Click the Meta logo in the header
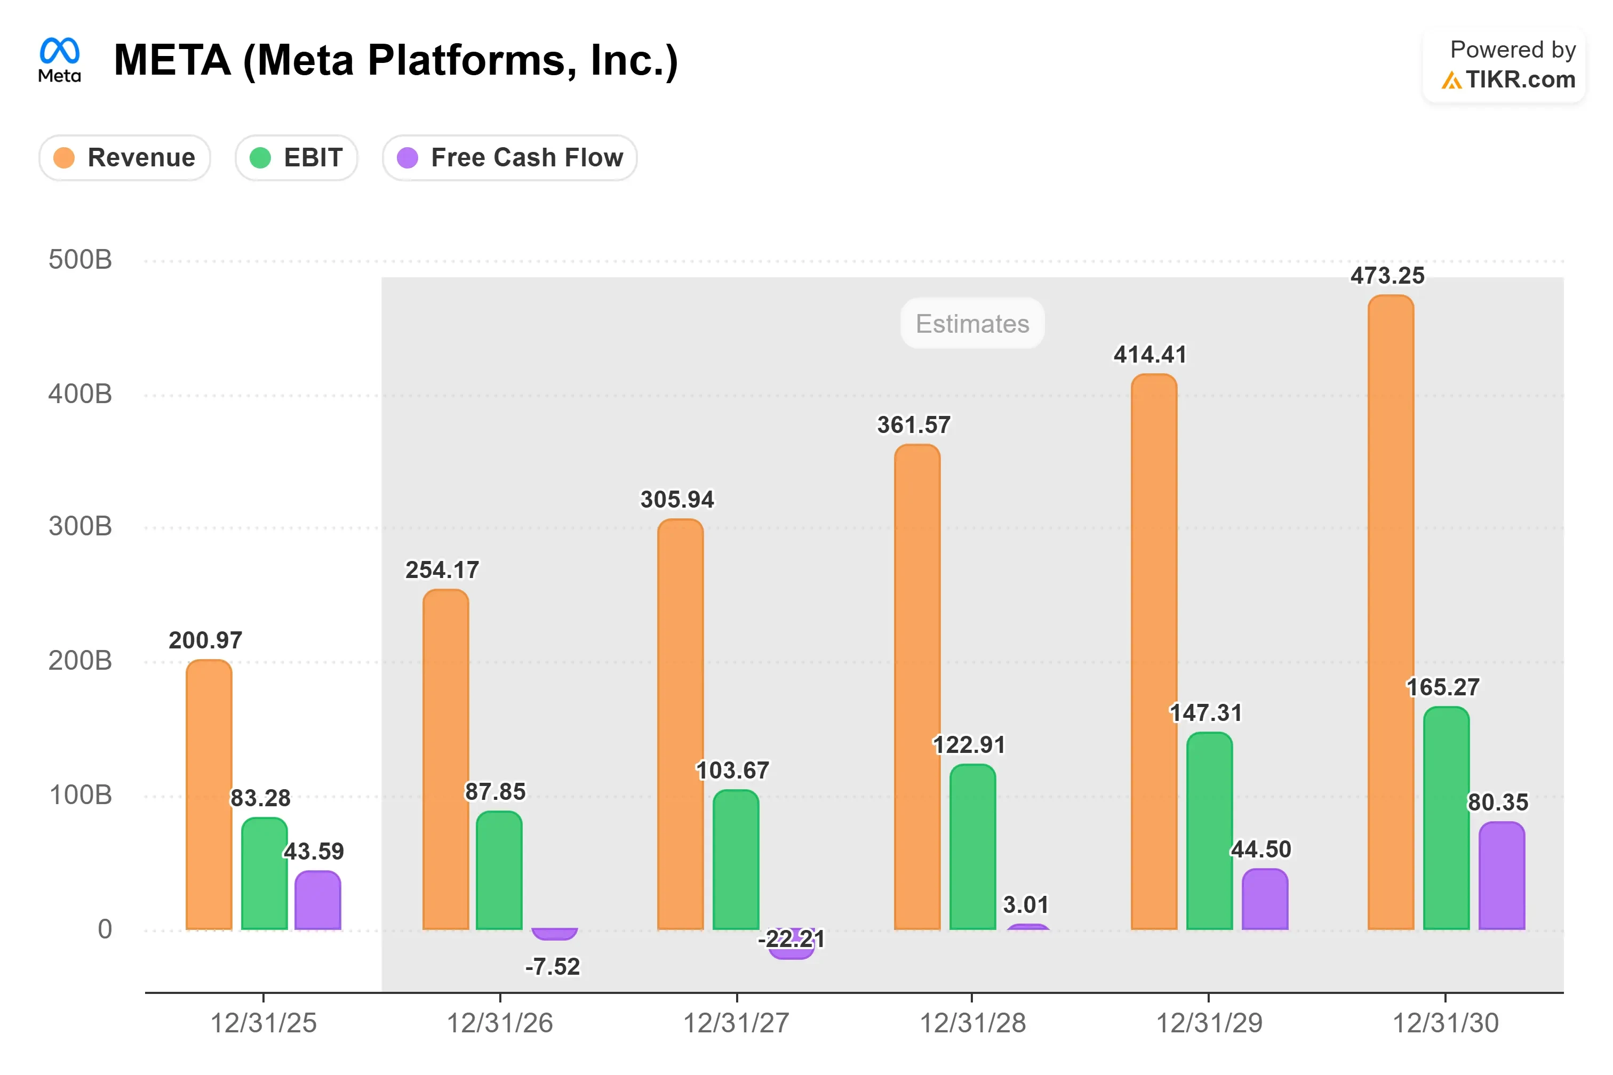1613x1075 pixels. pos(60,60)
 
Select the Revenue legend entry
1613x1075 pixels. pos(124,158)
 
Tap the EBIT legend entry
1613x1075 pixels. pos(296,158)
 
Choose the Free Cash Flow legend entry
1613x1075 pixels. pos(509,158)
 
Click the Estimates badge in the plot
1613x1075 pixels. pos(972,323)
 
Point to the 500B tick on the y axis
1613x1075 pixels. pos(80,260)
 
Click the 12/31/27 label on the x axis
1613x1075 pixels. pos(736,1023)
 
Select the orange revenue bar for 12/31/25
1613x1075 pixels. pos(209,795)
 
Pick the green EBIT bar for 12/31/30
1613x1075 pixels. pos(1447,818)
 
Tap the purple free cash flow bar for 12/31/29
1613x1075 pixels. pos(1265,899)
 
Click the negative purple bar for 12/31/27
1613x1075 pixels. pos(792,944)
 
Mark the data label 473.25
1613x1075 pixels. pos(1387,276)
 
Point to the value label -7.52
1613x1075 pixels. pos(553,967)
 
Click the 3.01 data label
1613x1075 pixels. pos(1026,905)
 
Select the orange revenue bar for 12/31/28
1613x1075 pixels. pos(917,687)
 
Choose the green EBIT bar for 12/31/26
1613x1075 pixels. pos(499,871)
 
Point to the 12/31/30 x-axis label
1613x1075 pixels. pos(1446,1023)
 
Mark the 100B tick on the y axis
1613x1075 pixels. pos(80,795)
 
